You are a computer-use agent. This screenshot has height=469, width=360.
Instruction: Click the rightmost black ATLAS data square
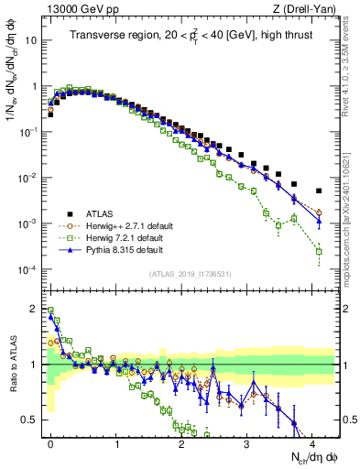(x=318, y=191)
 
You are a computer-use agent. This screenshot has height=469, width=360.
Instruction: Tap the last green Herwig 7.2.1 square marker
(x=318, y=251)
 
